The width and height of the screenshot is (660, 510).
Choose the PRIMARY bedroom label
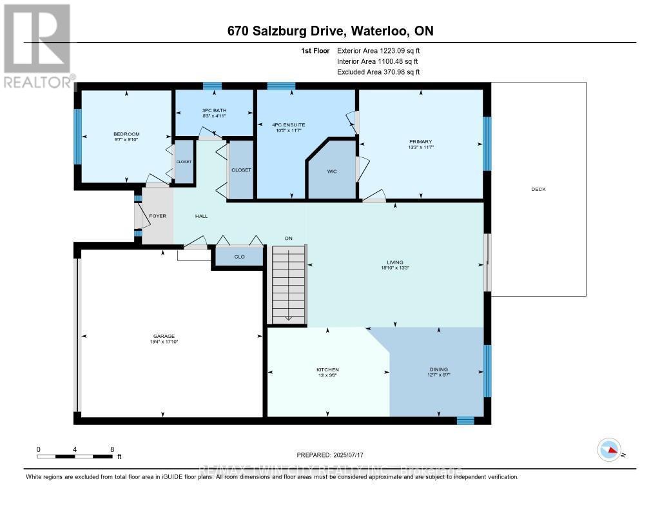click(x=420, y=142)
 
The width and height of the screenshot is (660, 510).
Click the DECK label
click(x=538, y=189)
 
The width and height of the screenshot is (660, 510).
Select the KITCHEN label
click(x=327, y=369)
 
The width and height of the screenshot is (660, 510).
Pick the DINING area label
click(x=438, y=369)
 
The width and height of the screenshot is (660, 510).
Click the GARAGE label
click(x=164, y=336)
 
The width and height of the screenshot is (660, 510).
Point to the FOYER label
click(x=157, y=216)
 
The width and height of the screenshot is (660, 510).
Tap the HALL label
click(x=202, y=216)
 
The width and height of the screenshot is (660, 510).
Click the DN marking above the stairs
click(x=289, y=239)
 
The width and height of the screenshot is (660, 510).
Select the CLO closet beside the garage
click(x=239, y=257)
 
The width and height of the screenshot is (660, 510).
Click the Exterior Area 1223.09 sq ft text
click(x=378, y=50)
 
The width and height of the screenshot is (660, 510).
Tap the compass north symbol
click(x=609, y=449)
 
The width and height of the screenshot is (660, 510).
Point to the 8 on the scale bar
click(x=112, y=449)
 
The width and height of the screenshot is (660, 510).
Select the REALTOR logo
click(x=37, y=45)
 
